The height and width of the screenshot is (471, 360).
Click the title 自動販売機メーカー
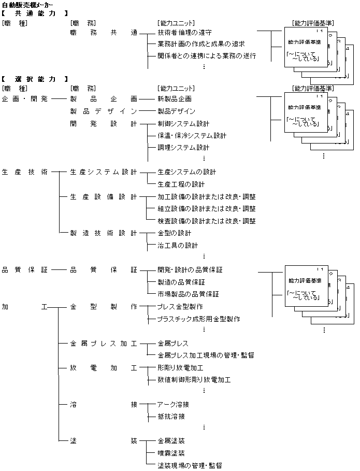27,5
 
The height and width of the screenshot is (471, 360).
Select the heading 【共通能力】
35,13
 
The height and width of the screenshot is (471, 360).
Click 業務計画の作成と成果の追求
200,45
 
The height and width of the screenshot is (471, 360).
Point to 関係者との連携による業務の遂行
207,56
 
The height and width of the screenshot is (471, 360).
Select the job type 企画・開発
25,98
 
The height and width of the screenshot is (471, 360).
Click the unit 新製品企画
174,98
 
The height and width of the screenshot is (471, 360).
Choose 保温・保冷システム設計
192,136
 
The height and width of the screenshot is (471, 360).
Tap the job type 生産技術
25,172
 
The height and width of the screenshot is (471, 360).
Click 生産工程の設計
181,184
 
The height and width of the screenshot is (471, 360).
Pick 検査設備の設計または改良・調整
207,221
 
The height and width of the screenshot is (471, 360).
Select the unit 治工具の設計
178,246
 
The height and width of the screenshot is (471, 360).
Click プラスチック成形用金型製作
198,319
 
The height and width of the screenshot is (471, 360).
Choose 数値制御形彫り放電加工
194,380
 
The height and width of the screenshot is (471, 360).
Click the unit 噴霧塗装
171,453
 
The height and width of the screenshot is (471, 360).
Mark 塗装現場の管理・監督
190,466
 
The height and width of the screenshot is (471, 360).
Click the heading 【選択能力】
35,79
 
